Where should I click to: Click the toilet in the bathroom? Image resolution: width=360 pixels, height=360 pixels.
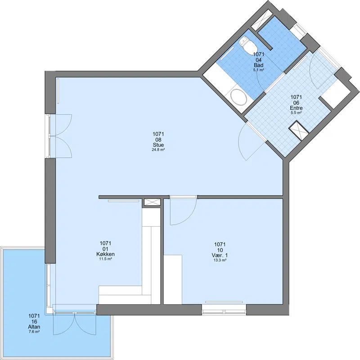[x=247, y=45]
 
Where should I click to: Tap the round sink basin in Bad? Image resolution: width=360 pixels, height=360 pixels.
[x=239, y=97]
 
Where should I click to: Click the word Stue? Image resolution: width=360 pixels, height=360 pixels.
[x=158, y=145]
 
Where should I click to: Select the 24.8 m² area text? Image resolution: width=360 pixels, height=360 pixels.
[x=158, y=150]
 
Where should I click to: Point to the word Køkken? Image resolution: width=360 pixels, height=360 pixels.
[x=106, y=254]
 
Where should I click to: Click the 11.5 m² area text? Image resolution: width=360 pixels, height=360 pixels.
[x=106, y=259]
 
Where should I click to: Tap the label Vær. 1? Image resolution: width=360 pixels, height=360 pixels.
[x=220, y=256]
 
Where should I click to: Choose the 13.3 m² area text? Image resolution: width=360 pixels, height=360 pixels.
[x=220, y=260]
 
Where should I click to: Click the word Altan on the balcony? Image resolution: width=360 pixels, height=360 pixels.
[x=34, y=327]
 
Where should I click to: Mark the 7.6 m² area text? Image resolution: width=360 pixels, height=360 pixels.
[x=34, y=332]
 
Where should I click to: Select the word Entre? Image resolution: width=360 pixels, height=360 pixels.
[x=296, y=108]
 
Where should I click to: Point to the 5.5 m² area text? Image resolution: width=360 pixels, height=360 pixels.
[x=296, y=113]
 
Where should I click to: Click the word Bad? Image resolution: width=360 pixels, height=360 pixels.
[x=258, y=65]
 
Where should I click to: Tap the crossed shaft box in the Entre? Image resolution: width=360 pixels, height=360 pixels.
[x=299, y=130]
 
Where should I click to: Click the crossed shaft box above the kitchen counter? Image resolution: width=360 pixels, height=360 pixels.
[x=152, y=202]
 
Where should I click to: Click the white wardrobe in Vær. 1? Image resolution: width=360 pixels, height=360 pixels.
[x=173, y=279]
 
